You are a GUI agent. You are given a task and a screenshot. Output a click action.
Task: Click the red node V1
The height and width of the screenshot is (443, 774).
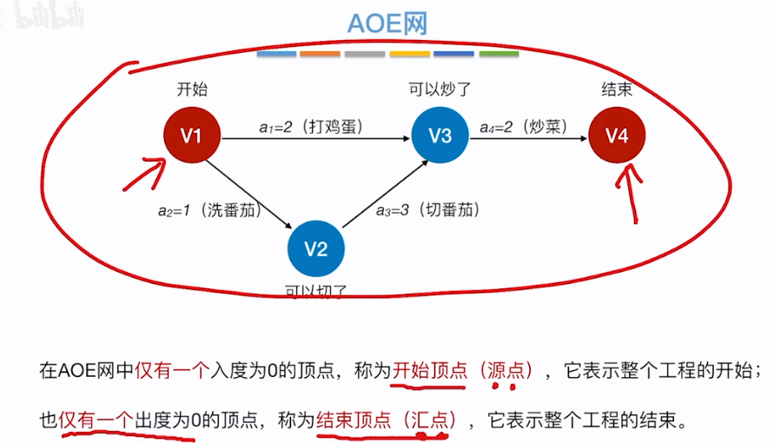191,136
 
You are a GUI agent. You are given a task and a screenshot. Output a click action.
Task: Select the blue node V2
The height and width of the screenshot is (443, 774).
316,250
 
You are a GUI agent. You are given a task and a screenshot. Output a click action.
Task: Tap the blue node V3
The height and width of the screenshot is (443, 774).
440,136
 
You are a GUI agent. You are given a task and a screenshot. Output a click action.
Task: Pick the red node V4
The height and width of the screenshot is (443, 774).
617,136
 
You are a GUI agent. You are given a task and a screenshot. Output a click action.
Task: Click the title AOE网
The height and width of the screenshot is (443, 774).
387,23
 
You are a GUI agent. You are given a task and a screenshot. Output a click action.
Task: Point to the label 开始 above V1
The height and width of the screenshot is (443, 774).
191,89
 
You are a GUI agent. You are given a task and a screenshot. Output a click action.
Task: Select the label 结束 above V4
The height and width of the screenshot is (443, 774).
617,89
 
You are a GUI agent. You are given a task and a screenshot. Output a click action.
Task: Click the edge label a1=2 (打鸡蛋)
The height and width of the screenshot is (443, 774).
310,126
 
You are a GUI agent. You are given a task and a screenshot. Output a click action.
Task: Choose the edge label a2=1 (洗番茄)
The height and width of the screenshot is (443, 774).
208,209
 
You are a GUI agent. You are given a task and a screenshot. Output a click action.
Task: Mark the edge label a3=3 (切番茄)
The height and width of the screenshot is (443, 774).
427,209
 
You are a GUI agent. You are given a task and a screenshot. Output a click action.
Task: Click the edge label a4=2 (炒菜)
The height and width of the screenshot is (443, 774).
524,126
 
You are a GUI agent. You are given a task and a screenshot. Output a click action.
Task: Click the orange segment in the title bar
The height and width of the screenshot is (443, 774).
321,54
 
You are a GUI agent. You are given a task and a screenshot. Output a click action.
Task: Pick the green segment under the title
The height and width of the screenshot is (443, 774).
499,54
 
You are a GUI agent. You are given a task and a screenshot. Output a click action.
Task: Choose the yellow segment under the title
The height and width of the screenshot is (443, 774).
410,54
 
